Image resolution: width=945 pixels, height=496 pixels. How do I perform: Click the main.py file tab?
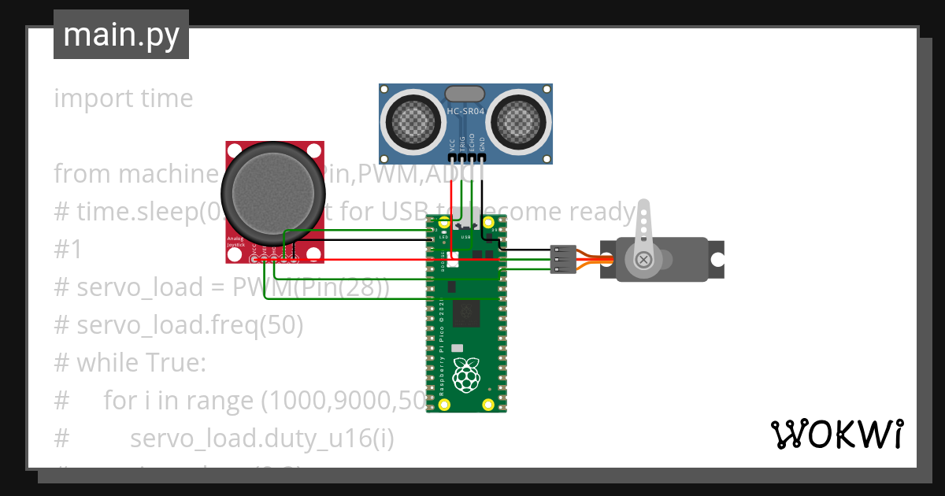coord(120,35)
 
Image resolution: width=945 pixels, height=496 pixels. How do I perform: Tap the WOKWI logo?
coord(836,434)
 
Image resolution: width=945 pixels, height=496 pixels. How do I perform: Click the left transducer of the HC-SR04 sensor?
coord(413,122)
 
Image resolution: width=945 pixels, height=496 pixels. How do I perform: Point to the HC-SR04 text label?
coord(466,112)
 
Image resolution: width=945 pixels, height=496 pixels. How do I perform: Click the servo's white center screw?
coord(644,259)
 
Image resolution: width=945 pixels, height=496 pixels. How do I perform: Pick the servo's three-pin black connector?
coord(560,259)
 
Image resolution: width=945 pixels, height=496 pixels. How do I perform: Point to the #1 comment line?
coord(68,250)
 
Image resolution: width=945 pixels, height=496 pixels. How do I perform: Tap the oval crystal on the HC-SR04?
coord(465,94)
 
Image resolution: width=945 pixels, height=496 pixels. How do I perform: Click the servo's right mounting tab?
coord(716,259)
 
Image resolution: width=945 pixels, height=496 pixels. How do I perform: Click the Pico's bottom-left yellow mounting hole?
coord(444,405)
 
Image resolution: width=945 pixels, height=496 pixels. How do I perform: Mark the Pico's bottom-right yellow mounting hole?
coord(490,405)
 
